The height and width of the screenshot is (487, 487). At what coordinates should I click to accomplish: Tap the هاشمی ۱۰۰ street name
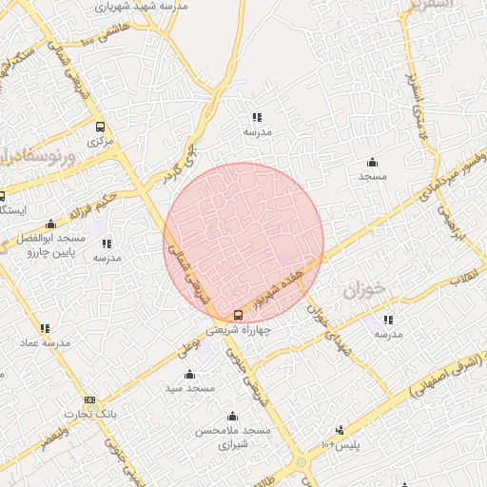(103, 37)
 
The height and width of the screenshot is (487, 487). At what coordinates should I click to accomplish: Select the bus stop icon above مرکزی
(100, 127)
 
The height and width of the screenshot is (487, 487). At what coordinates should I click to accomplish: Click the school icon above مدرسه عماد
(46, 328)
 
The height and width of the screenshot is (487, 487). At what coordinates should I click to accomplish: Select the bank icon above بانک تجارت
(89, 400)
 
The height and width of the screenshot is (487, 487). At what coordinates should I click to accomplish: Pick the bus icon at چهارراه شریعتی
(238, 316)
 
